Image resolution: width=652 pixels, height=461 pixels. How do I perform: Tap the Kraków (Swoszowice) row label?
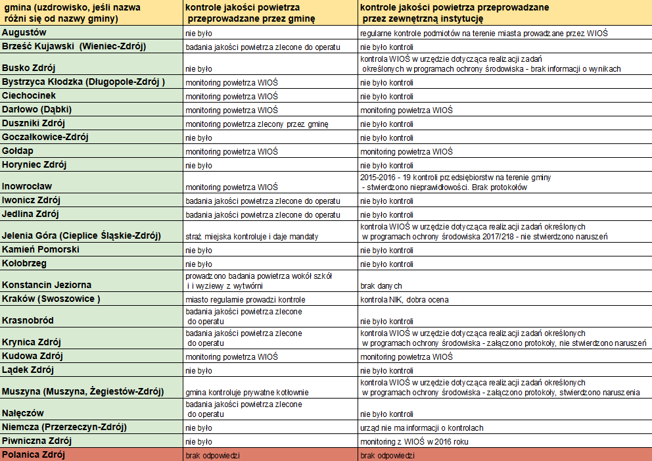click(51, 299)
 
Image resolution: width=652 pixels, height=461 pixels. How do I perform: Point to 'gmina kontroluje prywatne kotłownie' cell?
click(247, 393)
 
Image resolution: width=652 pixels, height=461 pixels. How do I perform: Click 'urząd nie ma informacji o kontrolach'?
click(422, 427)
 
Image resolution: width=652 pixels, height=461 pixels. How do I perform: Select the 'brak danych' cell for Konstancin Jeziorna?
click(381, 287)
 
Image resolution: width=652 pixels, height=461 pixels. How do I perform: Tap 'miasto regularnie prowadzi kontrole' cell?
click(245, 300)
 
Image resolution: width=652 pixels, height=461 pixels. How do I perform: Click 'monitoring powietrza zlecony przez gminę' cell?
click(256, 124)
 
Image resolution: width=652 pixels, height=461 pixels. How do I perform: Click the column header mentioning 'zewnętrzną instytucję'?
click(454, 14)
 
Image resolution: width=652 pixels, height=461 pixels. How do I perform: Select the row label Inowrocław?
click(27, 186)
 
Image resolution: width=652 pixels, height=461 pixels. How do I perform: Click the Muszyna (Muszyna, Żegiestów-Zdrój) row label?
click(82, 392)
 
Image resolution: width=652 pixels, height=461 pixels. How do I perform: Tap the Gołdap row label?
click(18, 151)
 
